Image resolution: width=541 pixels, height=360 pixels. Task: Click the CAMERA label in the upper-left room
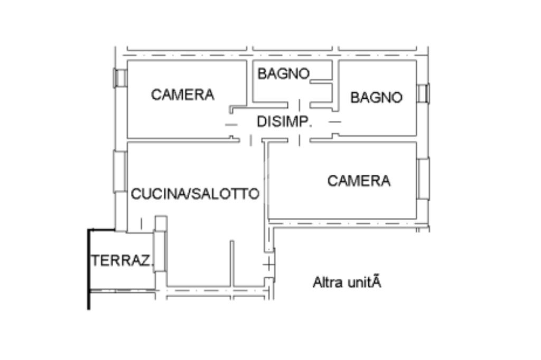click(182, 94)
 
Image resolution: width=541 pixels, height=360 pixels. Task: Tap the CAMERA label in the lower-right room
click(359, 181)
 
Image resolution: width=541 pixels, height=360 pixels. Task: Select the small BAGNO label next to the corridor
click(284, 74)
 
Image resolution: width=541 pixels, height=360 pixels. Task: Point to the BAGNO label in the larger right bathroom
click(376, 98)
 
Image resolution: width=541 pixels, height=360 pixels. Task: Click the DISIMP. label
click(285, 122)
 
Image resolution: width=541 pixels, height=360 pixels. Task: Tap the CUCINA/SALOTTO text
click(195, 194)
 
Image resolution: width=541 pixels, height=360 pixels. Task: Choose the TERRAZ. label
click(122, 260)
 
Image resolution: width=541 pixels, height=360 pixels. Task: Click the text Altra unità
click(347, 282)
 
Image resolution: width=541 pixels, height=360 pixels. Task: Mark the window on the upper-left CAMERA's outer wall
click(120, 78)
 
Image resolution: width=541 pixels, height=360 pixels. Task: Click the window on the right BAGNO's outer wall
click(423, 93)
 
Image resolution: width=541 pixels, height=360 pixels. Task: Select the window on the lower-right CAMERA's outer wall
click(423, 178)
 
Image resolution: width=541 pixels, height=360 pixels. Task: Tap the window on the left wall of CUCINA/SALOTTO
click(120, 172)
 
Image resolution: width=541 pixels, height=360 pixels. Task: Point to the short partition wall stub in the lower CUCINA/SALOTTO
click(232, 264)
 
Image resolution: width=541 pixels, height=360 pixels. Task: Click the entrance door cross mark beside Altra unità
click(269, 265)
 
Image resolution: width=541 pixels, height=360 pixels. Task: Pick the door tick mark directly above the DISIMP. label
click(299, 105)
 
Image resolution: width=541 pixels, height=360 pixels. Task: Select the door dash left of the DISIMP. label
click(231, 125)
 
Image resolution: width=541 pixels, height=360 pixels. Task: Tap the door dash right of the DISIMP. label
click(334, 122)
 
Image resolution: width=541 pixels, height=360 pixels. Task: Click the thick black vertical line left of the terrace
click(89, 269)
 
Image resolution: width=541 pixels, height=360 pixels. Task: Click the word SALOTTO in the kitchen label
click(225, 194)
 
